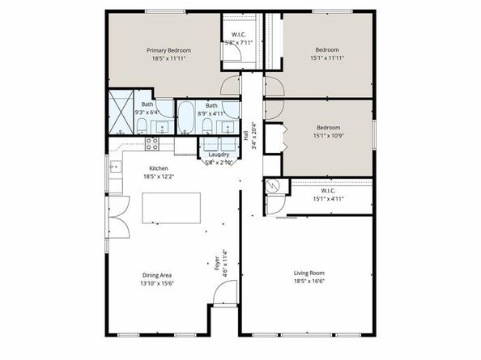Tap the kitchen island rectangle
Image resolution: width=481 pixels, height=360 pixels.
168,207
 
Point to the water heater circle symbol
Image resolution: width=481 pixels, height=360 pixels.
272,187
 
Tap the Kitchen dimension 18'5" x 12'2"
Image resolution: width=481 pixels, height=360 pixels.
158,176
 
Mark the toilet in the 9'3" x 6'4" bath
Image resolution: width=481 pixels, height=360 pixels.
142,125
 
